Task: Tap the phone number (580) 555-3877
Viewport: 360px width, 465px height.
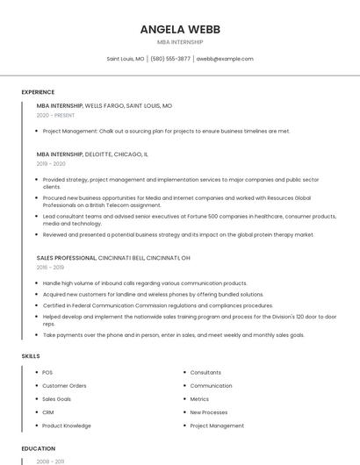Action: click(x=170, y=59)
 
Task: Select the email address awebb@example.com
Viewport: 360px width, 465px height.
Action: click(x=225, y=59)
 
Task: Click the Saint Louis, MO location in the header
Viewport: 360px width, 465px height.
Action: click(x=126, y=59)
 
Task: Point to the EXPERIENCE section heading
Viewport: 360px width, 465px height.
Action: click(x=38, y=92)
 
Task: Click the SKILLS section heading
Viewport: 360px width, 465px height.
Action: click(x=30, y=355)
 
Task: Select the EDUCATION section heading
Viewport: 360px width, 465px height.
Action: click(x=37, y=448)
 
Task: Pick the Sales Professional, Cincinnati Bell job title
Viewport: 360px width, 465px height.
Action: click(x=113, y=258)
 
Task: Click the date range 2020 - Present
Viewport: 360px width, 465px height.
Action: click(x=55, y=115)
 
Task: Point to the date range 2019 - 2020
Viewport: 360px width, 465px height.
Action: click(x=51, y=163)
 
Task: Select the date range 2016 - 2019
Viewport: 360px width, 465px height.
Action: click(x=50, y=268)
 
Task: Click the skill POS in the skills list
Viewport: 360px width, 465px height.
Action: click(x=47, y=373)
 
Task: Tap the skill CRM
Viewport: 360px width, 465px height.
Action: click(x=48, y=412)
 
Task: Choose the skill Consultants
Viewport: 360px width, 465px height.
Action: click(x=205, y=373)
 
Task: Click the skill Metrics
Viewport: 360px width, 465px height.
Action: click(x=199, y=399)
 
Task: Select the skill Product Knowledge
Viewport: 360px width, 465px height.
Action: click(x=67, y=426)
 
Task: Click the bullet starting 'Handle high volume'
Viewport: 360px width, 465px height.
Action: click(x=145, y=283)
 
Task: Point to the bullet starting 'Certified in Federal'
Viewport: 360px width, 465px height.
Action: click(x=157, y=305)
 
